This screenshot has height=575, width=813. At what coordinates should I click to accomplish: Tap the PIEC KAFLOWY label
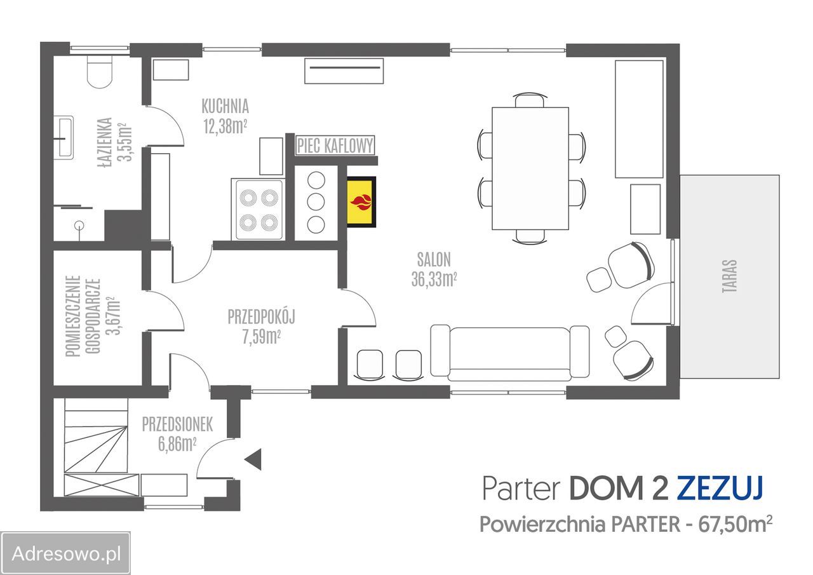tap(335, 145)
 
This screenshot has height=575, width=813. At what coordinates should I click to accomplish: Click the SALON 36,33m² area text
tap(434, 269)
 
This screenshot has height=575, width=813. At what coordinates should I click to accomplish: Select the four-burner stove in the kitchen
tap(259, 209)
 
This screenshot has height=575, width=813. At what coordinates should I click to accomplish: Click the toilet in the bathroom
tap(100, 71)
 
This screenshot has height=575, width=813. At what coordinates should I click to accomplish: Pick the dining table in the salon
tap(530, 168)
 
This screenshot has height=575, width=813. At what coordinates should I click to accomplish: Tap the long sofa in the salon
tap(509, 352)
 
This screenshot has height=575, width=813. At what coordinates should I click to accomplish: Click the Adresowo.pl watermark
tap(66, 553)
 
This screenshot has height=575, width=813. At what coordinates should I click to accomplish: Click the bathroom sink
tap(64, 137)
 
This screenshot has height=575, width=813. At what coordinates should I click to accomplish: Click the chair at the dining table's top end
tap(529, 100)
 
